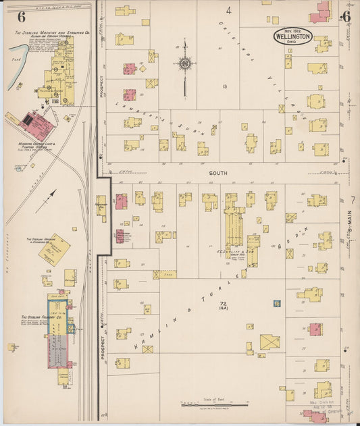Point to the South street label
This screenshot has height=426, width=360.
[x=217, y=173]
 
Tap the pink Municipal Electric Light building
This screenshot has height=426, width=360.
[x=36, y=126]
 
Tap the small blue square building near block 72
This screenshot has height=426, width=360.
[x=276, y=304]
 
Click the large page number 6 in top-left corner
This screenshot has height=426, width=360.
[x=22, y=16]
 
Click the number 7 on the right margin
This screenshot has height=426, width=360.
[x=353, y=201]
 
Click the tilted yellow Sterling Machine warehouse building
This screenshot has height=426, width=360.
[x=54, y=250]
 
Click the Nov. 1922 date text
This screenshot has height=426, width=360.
[x=293, y=30]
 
